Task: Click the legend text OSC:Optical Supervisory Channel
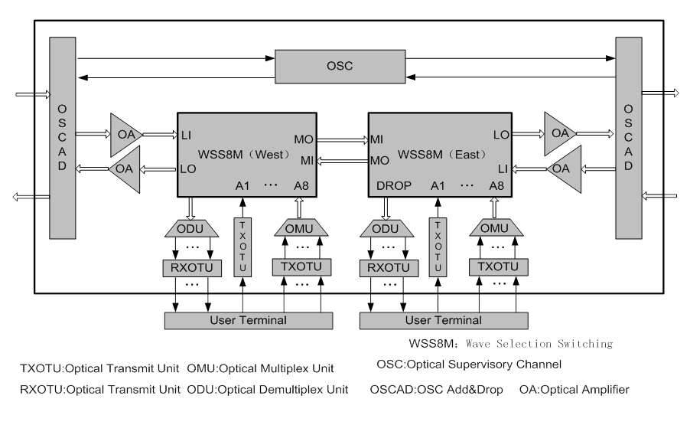pos(470,363)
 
